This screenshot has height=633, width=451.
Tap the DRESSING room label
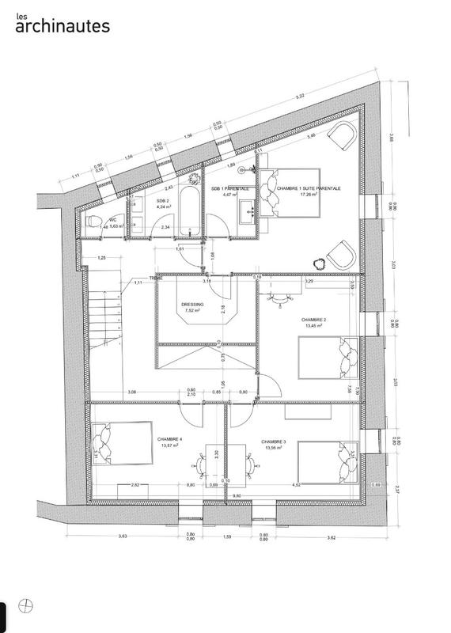click(192, 304)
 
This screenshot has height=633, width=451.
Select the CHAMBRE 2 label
click(314, 320)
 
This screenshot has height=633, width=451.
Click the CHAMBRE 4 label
click(169, 439)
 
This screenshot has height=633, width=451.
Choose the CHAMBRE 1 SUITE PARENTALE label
click(309, 188)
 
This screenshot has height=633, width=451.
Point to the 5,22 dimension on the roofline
click(299, 97)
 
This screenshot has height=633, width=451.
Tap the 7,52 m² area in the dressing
click(192, 311)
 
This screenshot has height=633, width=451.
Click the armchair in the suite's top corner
click(343, 136)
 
